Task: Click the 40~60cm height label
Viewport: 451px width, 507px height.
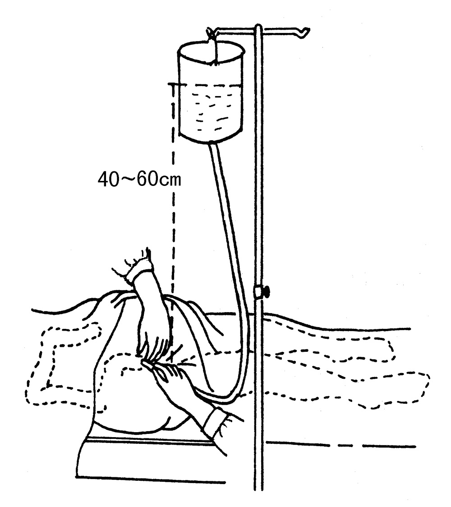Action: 139,180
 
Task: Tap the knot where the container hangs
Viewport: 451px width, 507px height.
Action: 210,32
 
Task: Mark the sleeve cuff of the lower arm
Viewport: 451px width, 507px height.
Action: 216,422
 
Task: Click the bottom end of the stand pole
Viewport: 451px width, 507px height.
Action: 257,487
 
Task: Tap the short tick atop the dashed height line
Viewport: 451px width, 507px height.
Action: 174,84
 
